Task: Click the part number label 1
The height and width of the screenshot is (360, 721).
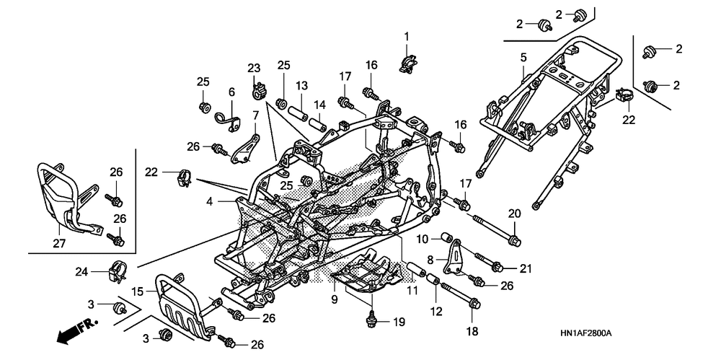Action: pos(407,36)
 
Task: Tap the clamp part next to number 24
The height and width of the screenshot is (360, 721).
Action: pos(118,272)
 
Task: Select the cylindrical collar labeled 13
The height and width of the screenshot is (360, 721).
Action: pos(298,113)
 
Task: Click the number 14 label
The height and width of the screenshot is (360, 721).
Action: pos(320,105)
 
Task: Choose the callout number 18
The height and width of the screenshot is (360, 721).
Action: pos(473,331)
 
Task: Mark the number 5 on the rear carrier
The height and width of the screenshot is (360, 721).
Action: pos(523,58)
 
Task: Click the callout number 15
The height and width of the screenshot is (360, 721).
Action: pos(138,291)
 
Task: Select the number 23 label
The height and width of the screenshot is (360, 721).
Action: pos(254,69)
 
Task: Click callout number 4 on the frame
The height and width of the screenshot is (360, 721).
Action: pos(209,201)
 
